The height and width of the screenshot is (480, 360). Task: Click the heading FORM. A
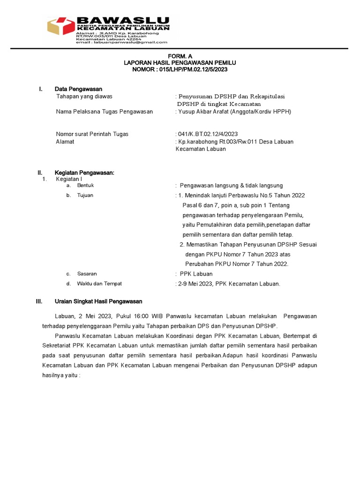click(x=180, y=55)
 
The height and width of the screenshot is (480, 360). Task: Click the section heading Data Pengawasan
click(x=78, y=89)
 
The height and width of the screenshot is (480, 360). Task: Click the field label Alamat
click(x=65, y=142)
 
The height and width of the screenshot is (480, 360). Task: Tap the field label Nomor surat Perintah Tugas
click(x=92, y=134)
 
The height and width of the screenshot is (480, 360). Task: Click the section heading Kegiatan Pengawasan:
click(x=84, y=173)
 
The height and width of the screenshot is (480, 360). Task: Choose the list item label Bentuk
click(x=85, y=186)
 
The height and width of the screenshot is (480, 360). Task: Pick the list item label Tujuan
click(x=85, y=195)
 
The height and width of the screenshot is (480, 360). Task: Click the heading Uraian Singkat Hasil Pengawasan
click(x=98, y=301)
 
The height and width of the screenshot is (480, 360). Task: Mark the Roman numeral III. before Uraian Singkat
click(x=39, y=301)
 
